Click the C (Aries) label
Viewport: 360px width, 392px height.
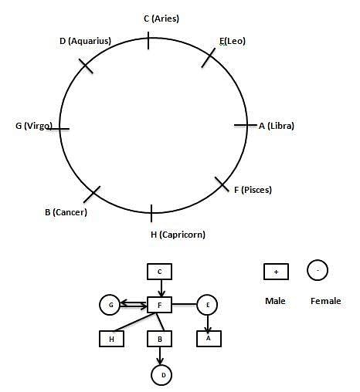pyautogui.click(x=161, y=19)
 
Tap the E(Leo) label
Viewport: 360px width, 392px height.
pyautogui.click(x=233, y=41)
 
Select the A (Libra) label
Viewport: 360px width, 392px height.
pyautogui.click(x=277, y=126)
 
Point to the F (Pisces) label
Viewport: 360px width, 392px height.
pyautogui.click(x=253, y=190)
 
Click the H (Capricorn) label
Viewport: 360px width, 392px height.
pyautogui.click(x=178, y=235)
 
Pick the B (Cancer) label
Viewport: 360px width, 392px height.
pyautogui.click(x=66, y=212)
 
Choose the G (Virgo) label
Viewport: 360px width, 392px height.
pyautogui.click(x=34, y=126)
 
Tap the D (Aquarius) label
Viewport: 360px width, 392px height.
pyautogui.click(x=85, y=41)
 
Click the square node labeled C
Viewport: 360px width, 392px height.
pyautogui.click(x=159, y=272)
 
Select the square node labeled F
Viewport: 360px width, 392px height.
pyautogui.click(x=159, y=305)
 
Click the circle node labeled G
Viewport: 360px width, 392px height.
pyautogui.click(x=110, y=305)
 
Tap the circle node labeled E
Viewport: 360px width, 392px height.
pyautogui.click(x=207, y=305)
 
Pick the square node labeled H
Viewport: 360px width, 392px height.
pyautogui.click(x=111, y=339)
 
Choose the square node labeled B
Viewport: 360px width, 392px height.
pyautogui.click(x=159, y=339)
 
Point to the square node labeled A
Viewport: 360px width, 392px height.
pyautogui.click(x=209, y=339)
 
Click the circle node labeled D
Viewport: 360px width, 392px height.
pyautogui.click(x=161, y=375)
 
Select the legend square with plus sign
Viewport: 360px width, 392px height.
pyautogui.click(x=276, y=272)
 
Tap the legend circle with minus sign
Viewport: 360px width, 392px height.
pyautogui.click(x=318, y=270)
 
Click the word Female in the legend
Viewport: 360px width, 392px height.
pyautogui.click(x=326, y=301)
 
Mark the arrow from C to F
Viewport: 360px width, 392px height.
pyautogui.click(x=161, y=289)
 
